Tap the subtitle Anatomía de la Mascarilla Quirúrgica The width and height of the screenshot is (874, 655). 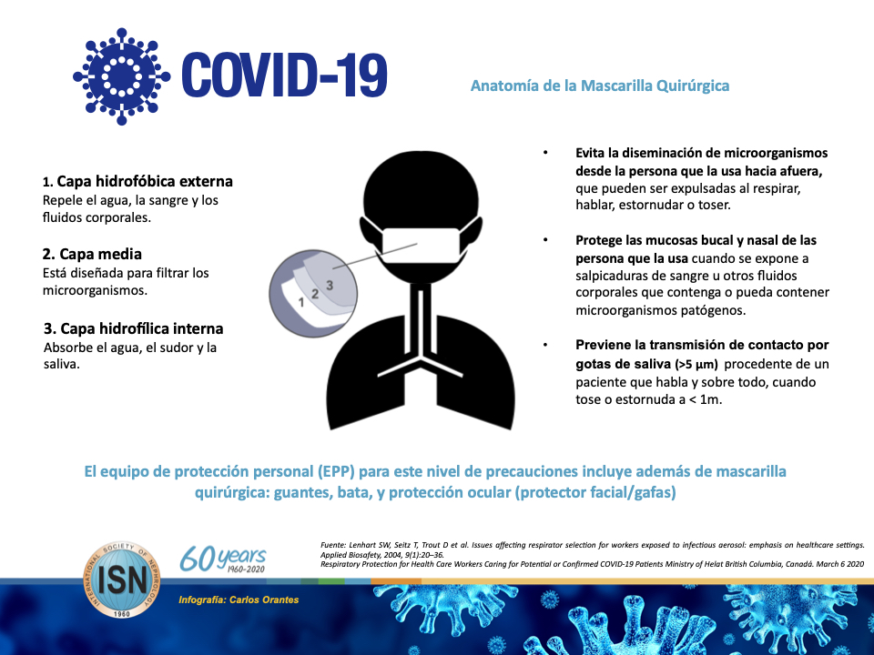(x=599, y=86)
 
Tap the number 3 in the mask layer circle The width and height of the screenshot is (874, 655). (x=330, y=285)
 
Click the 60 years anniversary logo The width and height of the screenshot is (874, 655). (x=223, y=559)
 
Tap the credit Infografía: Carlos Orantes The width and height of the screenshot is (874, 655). (x=239, y=600)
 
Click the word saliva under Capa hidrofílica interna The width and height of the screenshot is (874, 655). (x=62, y=364)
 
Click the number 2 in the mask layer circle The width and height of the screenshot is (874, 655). (x=315, y=293)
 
